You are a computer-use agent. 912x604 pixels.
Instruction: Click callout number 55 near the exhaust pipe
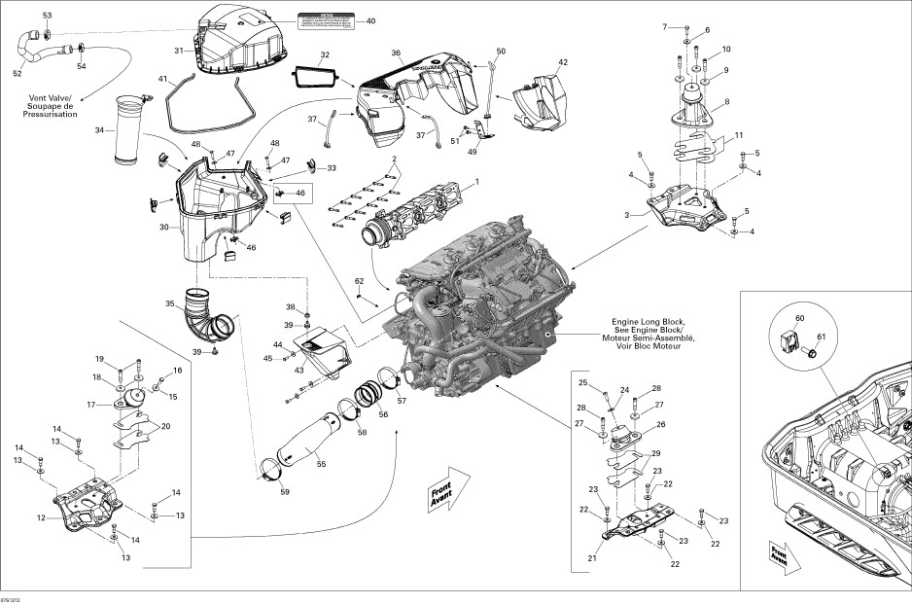pyautogui.click(x=322, y=464)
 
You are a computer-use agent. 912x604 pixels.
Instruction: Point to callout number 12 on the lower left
pyautogui.click(x=41, y=517)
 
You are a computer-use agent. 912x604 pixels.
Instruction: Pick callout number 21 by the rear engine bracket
pyautogui.click(x=592, y=558)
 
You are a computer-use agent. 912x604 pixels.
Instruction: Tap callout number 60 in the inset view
pyautogui.click(x=800, y=318)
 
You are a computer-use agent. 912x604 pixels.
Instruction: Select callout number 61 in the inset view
pyautogui.click(x=819, y=337)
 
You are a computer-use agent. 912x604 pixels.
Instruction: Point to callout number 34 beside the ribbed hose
pyautogui.click(x=98, y=130)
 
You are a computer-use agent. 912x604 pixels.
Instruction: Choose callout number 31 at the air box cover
pyautogui.click(x=179, y=50)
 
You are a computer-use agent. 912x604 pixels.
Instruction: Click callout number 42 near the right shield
pyautogui.click(x=562, y=62)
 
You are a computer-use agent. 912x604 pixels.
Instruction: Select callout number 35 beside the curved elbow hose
pyautogui.click(x=170, y=304)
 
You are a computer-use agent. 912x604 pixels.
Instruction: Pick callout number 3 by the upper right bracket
pyautogui.click(x=627, y=213)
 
